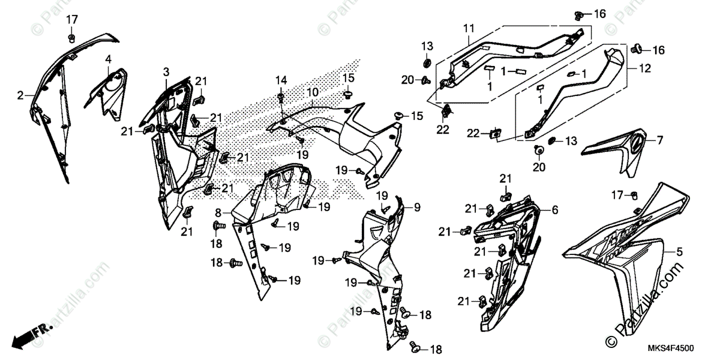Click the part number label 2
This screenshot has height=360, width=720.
coord(20,95)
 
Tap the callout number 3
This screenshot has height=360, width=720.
coord(166,73)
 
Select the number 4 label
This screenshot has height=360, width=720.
coord(109,59)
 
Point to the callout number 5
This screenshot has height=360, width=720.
coord(679,251)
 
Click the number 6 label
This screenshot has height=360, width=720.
coord(555,210)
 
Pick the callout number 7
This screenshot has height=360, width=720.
coord(659,141)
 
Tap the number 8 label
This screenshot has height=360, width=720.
coord(218,212)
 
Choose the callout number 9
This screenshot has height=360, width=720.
coord(417,208)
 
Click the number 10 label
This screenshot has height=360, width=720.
coord(313,93)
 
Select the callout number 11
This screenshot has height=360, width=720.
coord(469,28)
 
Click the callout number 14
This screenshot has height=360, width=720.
coord(281,80)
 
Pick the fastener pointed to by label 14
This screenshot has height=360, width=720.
coord(281,95)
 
